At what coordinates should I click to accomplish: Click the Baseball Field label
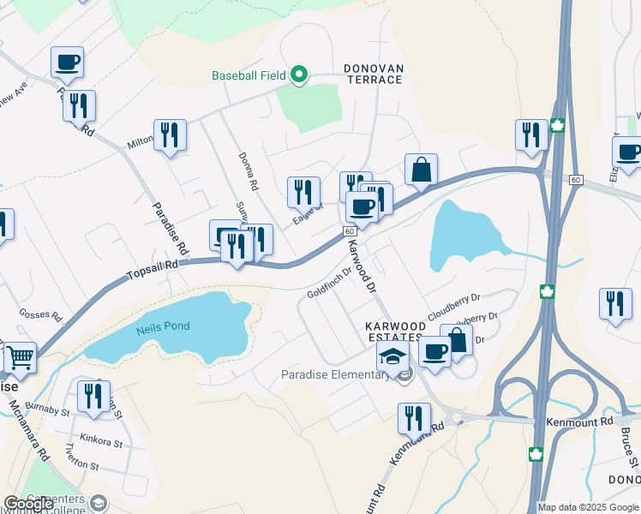249,75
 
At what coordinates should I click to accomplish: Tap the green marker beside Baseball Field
299,75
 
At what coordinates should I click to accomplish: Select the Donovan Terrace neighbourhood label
373,74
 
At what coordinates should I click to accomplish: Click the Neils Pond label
163,326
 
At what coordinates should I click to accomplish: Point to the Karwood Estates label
394,332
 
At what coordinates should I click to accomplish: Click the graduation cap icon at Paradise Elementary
392,357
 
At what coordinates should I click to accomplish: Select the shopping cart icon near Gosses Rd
20,357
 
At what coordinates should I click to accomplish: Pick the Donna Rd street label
249,172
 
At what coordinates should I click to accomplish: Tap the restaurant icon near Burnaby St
93,396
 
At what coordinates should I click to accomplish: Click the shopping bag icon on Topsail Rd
421,169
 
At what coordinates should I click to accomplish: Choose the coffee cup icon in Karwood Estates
434,350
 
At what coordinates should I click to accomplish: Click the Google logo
28,504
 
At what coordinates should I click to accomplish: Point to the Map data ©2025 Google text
586,507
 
